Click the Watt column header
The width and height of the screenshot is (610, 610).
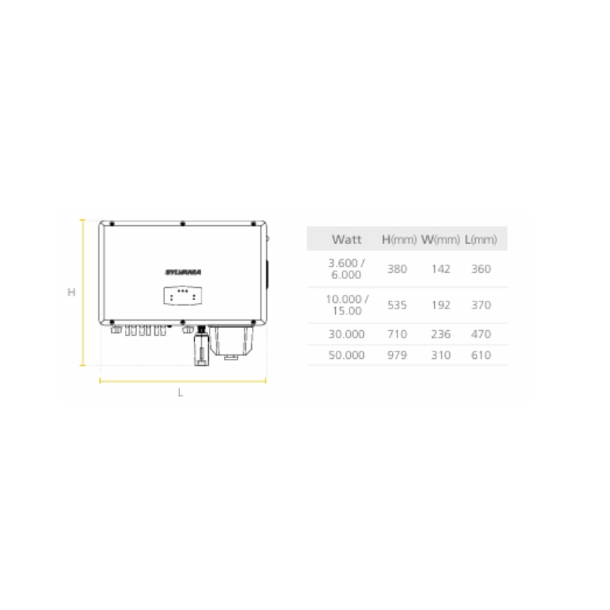(x=346, y=239)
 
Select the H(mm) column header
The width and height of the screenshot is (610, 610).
(x=399, y=239)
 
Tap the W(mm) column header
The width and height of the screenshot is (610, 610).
(x=441, y=239)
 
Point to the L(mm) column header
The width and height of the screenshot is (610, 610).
(x=481, y=239)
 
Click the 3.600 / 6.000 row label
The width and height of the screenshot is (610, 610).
(x=346, y=269)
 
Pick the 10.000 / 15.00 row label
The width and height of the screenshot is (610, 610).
(x=347, y=305)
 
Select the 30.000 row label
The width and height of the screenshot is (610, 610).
(x=346, y=334)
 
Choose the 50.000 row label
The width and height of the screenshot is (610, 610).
(x=346, y=355)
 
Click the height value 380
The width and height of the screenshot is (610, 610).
(x=397, y=269)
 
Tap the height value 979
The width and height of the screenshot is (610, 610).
(x=397, y=355)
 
